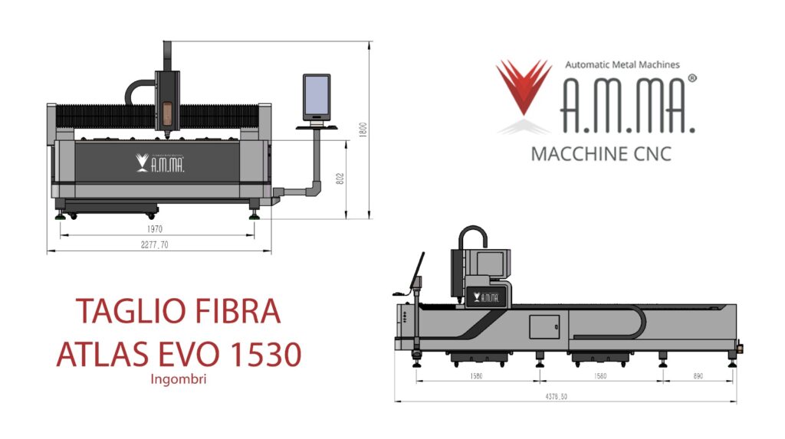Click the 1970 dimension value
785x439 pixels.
coord(155,229)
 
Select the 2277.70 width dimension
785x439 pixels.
coord(155,244)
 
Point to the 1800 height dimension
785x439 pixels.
coord(363,129)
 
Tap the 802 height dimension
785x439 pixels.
coord(340,179)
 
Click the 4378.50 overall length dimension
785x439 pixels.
coord(557,396)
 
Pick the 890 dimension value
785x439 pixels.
coord(698,376)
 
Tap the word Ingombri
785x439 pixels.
coord(178,379)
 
